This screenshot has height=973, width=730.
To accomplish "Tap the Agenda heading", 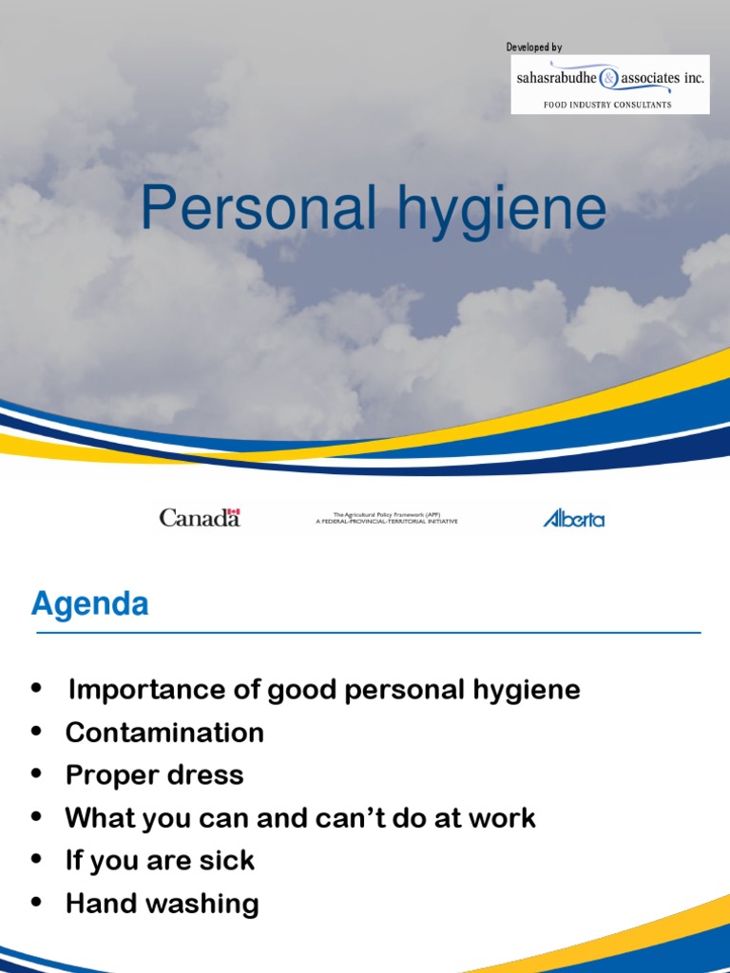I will tap(89, 604).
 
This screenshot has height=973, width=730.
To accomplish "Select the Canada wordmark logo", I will tap(200, 518).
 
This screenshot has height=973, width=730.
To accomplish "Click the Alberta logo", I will tap(573, 518).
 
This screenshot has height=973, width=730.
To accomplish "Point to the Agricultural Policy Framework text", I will tap(386, 518).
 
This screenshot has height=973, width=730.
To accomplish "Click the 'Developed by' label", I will tap(533, 48).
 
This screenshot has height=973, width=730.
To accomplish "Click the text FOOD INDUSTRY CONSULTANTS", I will tap(607, 105).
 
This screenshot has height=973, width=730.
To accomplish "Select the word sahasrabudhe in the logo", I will tap(555, 79).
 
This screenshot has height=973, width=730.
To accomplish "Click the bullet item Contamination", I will tap(164, 733).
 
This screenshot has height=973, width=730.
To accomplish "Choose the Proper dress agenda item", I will tap(154, 775).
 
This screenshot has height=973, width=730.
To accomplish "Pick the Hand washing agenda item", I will tap(162, 904).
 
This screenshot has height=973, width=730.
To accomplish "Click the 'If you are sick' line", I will tap(160, 861).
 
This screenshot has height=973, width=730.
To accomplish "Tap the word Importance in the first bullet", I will tap(136, 690).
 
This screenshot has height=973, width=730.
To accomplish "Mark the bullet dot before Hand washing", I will tap(37, 904).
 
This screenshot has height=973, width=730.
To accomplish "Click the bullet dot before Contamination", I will tap(37, 733).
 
